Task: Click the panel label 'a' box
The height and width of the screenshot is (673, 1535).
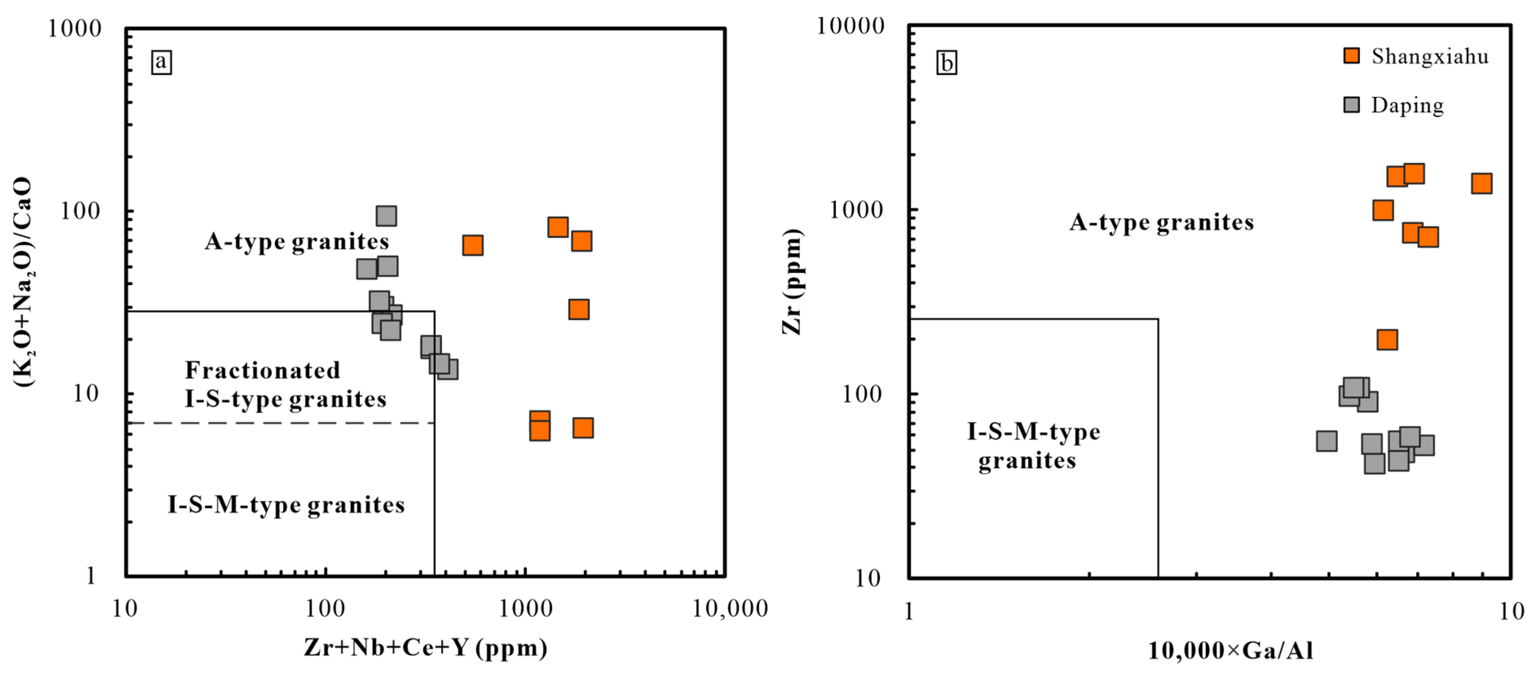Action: click(161, 62)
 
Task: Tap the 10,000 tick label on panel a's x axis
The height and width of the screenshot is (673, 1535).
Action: click(730, 609)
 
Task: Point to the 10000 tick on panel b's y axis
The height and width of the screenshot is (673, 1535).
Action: click(850, 26)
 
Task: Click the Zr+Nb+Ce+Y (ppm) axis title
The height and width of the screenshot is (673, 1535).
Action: click(425, 647)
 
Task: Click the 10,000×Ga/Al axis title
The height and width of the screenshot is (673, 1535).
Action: click(1231, 650)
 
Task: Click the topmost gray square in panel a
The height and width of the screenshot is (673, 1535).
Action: click(386, 216)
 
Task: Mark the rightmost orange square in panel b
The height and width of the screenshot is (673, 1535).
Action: click(1481, 184)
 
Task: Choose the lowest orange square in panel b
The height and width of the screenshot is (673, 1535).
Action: click(1387, 340)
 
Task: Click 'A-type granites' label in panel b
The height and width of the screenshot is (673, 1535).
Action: click(1161, 223)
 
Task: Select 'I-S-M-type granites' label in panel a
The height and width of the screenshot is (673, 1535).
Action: click(286, 505)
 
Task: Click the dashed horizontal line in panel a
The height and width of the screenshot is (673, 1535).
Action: click(280, 423)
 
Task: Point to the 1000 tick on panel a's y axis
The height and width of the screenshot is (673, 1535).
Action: click(75, 28)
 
